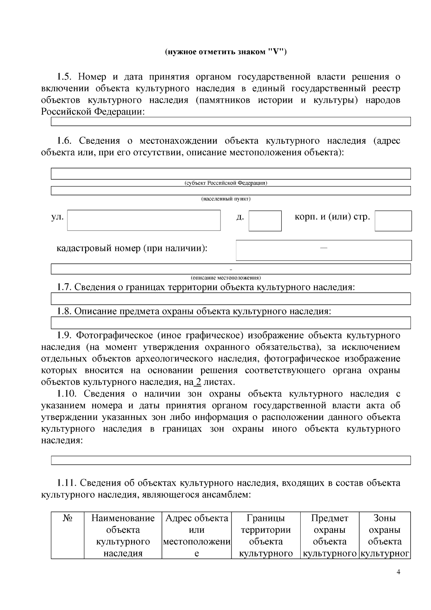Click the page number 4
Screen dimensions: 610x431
click(398, 573)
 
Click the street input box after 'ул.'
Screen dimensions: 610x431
click(144, 220)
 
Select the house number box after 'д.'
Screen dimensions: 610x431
click(265, 221)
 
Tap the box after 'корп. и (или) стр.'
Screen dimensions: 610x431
click(393, 221)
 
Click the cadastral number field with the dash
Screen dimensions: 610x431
click(324, 250)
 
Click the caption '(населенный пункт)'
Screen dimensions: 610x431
click(226, 199)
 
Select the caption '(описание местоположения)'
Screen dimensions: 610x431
click(226, 278)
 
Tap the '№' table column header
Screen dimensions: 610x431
click(68, 518)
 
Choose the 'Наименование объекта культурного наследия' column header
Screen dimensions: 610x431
click(123, 535)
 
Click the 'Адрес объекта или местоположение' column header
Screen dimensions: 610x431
click(196, 535)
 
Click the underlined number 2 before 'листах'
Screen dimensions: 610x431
click(198, 382)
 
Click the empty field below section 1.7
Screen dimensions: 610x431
click(231, 299)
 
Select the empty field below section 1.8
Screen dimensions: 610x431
click(231, 323)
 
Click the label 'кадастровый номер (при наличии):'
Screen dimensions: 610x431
click(132, 248)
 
